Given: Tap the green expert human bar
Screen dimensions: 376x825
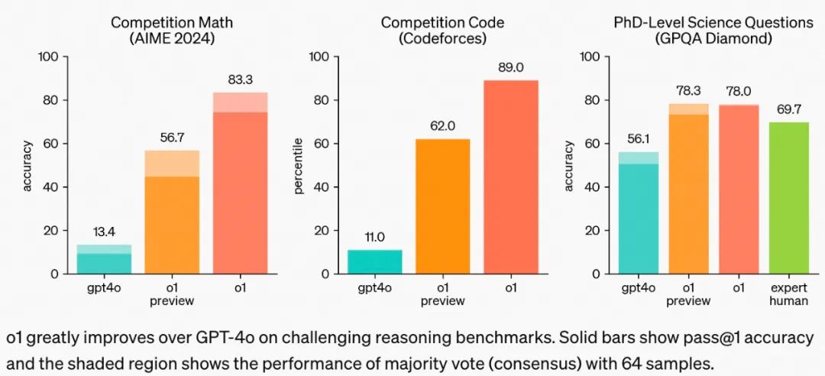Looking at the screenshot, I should (x=788, y=198).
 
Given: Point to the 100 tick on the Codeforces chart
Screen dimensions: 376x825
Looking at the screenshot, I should (x=319, y=57).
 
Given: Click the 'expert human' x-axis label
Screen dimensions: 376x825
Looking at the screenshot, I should (x=788, y=294).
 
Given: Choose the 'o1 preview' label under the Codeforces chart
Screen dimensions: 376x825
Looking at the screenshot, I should (x=443, y=294).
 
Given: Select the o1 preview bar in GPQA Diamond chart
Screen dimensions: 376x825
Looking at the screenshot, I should (x=688, y=191).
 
